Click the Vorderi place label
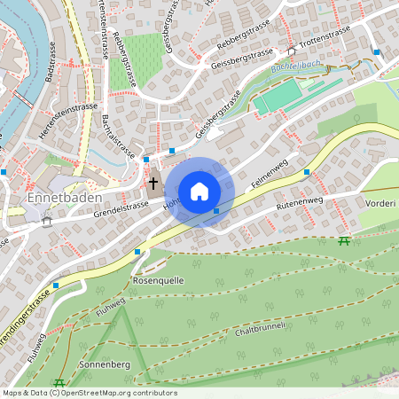(x=379, y=202)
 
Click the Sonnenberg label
(x=105, y=364)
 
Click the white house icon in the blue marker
(x=199, y=192)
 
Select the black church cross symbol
(x=153, y=184)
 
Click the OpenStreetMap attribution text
(x=89, y=393)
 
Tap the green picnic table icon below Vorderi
(x=344, y=240)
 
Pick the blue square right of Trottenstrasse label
(x=377, y=52)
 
